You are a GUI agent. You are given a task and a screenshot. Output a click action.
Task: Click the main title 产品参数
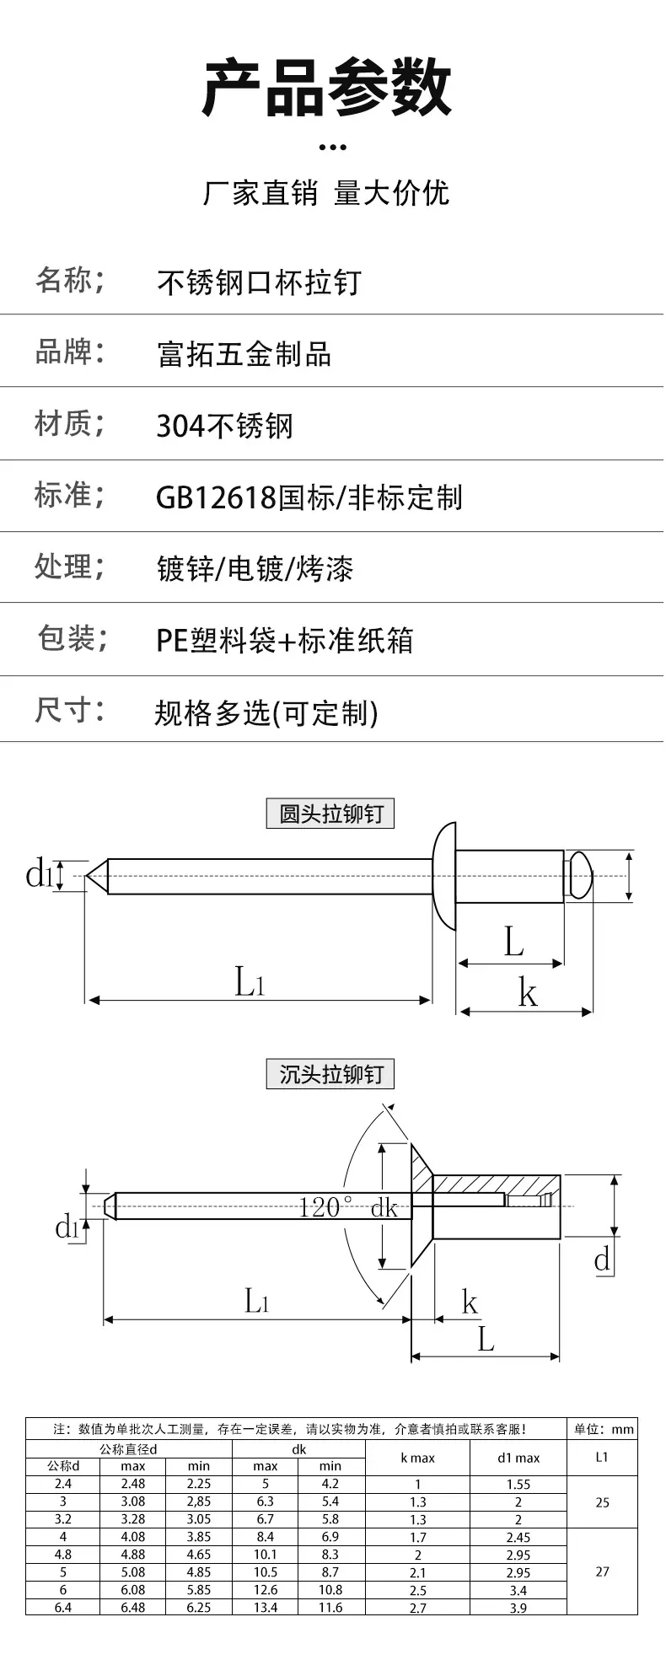tap(327, 87)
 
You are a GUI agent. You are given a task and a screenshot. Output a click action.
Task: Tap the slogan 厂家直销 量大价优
tap(326, 193)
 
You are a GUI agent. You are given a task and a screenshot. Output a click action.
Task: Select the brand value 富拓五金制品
tap(244, 354)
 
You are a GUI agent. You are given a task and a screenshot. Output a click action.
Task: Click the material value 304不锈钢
tap(225, 426)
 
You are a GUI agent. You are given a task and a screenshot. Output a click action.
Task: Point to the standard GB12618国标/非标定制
tap(309, 497)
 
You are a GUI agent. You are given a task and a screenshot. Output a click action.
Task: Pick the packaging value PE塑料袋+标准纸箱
tap(285, 641)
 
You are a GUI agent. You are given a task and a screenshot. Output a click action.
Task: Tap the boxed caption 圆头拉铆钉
tap(330, 814)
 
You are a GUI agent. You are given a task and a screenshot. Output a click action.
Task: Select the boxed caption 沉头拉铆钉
tap(330, 1074)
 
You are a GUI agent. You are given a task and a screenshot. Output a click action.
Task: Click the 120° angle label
tap(325, 1207)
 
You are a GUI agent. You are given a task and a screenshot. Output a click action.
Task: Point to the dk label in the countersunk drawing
tap(384, 1207)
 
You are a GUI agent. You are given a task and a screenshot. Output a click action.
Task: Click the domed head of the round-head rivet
tap(443, 876)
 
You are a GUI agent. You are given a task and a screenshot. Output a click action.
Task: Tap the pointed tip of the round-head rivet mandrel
tap(86, 876)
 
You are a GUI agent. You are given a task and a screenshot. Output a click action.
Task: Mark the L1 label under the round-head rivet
tap(250, 982)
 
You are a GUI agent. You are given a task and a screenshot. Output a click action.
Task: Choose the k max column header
tap(418, 1458)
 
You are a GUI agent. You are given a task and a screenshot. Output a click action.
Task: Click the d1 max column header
tap(518, 1458)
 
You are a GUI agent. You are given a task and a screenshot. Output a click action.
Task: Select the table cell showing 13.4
tap(266, 1608)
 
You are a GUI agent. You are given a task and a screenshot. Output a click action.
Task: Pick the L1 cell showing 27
tap(602, 1571)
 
